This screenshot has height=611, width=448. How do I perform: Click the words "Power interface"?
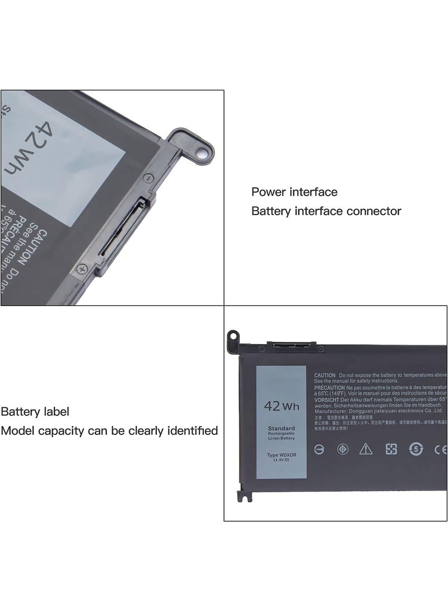[x=294, y=192]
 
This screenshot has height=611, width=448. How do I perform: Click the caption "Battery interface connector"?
[x=326, y=211]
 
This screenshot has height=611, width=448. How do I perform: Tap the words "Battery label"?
[x=35, y=411]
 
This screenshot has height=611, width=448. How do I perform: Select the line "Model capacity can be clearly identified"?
[x=109, y=431]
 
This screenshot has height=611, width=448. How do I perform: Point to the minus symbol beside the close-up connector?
[x=147, y=178]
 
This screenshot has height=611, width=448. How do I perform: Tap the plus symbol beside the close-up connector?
[x=82, y=269]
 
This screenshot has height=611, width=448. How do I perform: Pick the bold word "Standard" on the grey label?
[x=281, y=428]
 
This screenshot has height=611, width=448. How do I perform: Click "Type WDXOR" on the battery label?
[x=281, y=455]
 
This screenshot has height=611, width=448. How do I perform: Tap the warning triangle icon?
[x=366, y=448]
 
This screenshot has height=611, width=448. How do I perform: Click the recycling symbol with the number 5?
[x=416, y=448]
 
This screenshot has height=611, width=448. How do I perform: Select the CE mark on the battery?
[x=440, y=449]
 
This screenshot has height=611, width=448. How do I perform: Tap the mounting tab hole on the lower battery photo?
[x=231, y=336]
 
